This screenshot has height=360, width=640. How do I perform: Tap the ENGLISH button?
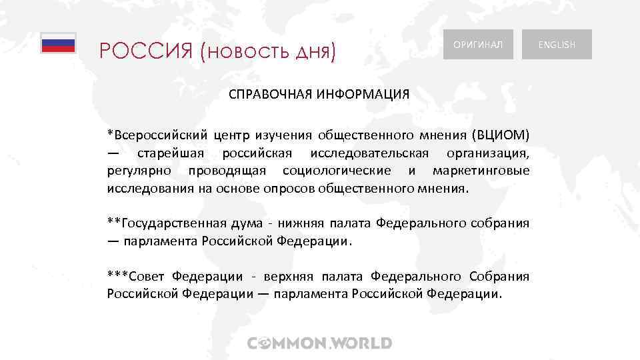pos(557,45)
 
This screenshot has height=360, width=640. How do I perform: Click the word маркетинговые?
pos(481,171)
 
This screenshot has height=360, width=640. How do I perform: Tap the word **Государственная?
pos(165,223)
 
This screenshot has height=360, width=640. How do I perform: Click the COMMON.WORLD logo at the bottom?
pos(320,344)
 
